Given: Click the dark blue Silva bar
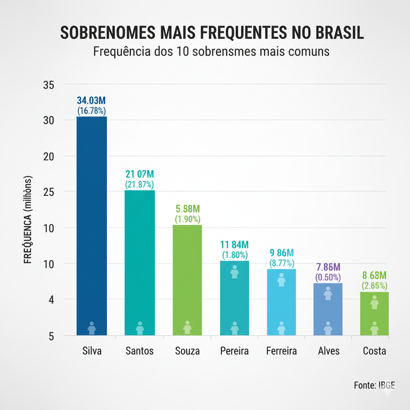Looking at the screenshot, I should click(92, 222).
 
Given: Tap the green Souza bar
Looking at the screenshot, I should click(187, 278).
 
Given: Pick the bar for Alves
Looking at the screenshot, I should click(328, 307).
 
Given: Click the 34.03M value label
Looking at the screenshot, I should click(92, 101).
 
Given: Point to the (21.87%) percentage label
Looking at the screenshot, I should click(139, 184).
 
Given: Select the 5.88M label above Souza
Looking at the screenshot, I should click(187, 209).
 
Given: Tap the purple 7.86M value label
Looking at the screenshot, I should click(328, 267).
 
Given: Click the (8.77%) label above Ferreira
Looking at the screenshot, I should click(281, 262).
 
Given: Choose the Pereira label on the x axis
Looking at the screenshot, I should click(234, 351).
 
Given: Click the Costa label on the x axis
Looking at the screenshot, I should click(375, 351).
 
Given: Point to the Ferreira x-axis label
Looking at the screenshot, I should click(281, 351).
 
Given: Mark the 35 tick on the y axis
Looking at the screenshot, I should click(48, 85).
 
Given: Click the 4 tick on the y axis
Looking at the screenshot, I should click(51, 300).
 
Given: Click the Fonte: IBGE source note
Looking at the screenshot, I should click(374, 385).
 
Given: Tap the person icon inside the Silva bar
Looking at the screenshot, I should click(92, 328).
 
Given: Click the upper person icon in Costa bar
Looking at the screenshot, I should click(375, 302).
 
